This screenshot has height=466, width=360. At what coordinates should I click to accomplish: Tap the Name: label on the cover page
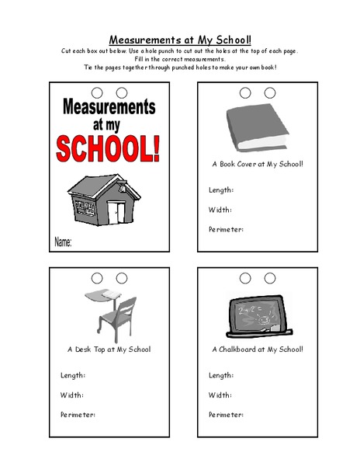tap(64, 243)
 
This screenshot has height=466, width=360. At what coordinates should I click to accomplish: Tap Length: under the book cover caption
tap(221, 190)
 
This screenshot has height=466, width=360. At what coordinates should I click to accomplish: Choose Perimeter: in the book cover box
tap(227, 228)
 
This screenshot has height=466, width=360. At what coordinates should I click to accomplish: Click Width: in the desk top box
tap(72, 395)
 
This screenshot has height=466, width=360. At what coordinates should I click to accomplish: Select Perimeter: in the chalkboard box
tap(227, 414)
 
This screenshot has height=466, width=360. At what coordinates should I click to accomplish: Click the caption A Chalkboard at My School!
tap(258, 349)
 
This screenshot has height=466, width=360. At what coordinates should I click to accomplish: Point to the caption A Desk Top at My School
tap(109, 349)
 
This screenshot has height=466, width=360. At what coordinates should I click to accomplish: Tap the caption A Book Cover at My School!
tap(258, 164)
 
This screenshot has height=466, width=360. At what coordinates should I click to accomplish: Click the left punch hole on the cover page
tap(98, 92)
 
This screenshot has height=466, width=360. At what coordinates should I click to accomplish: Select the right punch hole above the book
tap(270, 92)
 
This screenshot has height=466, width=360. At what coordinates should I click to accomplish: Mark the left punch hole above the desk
tap(98, 277)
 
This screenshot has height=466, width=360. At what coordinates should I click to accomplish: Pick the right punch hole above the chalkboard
tap(270, 277)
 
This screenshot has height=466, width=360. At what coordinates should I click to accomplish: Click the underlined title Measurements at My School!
tap(180, 38)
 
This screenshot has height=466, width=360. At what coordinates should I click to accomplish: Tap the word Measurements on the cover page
tap(106, 106)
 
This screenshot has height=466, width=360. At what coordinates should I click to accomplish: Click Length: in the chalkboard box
tap(221, 375)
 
